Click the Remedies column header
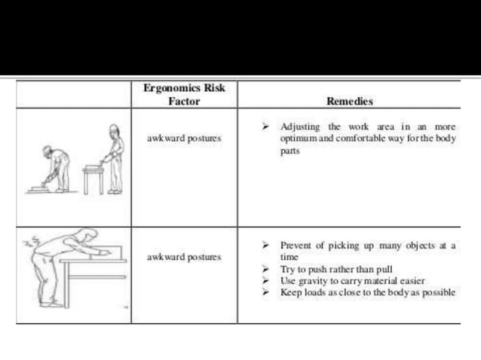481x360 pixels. coord(350,101)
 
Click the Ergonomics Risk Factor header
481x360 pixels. coord(184,94)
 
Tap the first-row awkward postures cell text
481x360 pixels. coord(183,139)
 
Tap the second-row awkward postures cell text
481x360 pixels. coord(183,257)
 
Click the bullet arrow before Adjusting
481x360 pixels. coord(266,127)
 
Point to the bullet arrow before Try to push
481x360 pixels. coord(266,269)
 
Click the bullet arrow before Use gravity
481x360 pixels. coord(266,280)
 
